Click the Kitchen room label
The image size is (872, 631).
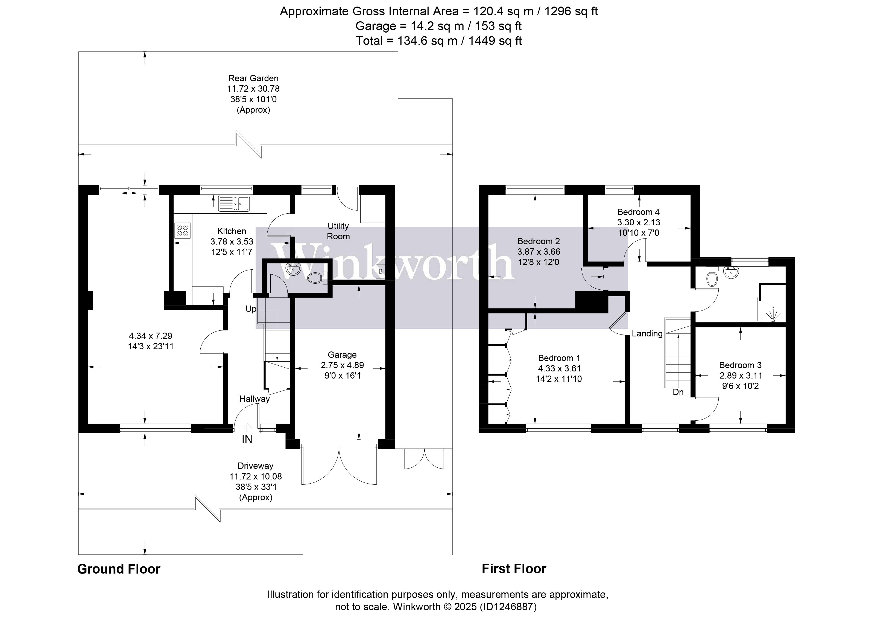(x=232, y=231)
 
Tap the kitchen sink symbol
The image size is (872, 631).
(x=234, y=203)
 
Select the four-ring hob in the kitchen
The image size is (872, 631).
(x=183, y=230)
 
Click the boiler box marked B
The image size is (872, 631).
(x=380, y=271)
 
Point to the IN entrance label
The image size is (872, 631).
(x=247, y=439)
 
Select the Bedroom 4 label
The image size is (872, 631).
(x=638, y=212)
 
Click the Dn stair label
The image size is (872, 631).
(x=678, y=392)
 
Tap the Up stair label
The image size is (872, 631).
(x=251, y=309)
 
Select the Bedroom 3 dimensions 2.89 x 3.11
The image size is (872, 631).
(x=741, y=376)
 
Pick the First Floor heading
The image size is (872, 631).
(x=514, y=569)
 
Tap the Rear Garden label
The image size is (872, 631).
(x=253, y=78)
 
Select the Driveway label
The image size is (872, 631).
(x=255, y=466)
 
